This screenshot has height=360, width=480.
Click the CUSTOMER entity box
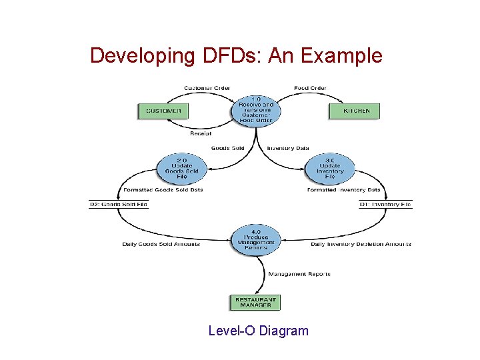tap(163, 111)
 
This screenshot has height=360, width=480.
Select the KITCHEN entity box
tap(354, 111)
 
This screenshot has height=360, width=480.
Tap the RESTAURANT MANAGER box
tap(255, 303)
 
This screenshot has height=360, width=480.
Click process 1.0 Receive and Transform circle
tap(256, 110)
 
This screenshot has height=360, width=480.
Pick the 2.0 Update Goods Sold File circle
tap(181, 170)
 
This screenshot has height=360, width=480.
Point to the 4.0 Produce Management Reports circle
tap(256, 240)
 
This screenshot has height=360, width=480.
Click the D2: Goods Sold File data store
tap(119, 204)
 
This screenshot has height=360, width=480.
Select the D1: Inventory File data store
tap(385, 204)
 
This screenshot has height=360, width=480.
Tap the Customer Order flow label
tap(207, 88)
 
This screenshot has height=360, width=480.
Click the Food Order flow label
tap(310, 88)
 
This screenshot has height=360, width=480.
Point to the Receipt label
tap(200, 133)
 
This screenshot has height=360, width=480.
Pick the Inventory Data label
tap(288, 148)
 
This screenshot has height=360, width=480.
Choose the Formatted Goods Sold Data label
tap(163, 190)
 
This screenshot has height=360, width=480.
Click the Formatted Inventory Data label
tap(343, 190)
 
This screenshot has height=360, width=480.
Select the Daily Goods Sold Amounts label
tap(161, 244)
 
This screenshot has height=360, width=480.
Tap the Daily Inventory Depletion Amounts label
tap(361, 244)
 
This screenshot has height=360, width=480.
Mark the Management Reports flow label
tap(299, 274)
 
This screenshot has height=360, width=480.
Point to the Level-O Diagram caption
tap(259, 331)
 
